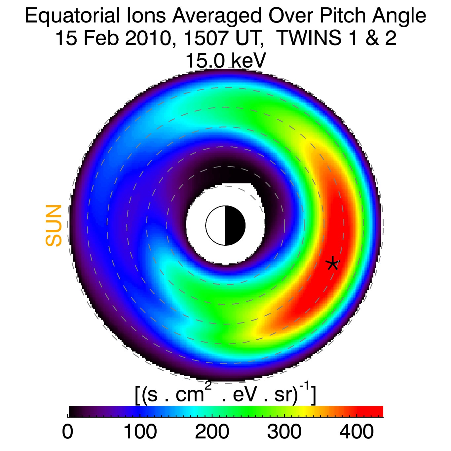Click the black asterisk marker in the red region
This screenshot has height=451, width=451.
click(332, 263)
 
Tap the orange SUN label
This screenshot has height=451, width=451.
click(54, 226)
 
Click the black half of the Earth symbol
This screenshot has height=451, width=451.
click(235, 226)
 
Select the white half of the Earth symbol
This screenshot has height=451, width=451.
click(216, 226)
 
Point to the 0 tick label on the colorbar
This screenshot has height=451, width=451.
click(68, 432)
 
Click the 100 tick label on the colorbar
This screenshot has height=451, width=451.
click(140, 432)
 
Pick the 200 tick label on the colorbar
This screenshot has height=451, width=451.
click(212, 432)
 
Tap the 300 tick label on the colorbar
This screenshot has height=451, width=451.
click(284, 432)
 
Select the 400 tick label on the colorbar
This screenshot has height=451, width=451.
click(357, 432)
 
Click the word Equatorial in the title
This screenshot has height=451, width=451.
click(72, 16)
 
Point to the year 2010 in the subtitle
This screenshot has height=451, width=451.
click(147, 38)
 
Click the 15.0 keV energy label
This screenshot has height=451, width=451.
click(226, 60)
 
